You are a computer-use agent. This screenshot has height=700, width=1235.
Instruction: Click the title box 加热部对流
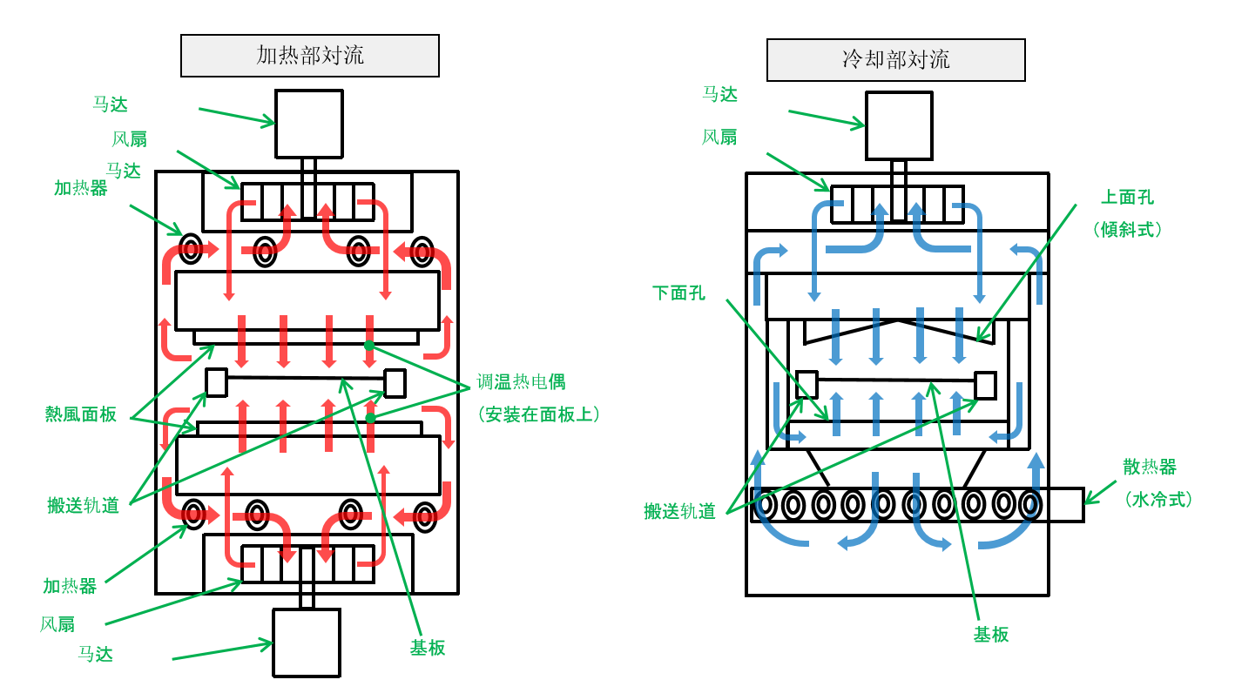click(x=309, y=56)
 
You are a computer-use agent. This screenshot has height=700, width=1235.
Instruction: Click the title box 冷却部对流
click(x=895, y=60)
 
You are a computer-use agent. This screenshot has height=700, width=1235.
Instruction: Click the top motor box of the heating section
click(x=308, y=124)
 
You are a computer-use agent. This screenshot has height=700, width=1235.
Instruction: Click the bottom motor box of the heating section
click(x=306, y=643)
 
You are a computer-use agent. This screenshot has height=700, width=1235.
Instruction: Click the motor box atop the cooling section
click(x=899, y=125)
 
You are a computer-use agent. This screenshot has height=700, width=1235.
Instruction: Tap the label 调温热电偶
click(x=521, y=381)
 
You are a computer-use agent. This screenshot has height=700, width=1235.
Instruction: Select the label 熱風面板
click(x=81, y=414)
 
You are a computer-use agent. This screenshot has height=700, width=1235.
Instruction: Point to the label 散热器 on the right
click(x=1149, y=468)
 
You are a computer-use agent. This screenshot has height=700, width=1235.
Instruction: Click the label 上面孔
click(x=1127, y=198)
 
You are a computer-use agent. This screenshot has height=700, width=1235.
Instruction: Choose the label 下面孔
click(x=678, y=293)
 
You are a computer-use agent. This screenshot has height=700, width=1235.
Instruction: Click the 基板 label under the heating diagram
click(x=428, y=648)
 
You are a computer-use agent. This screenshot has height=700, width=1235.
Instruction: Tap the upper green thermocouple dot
click(x=369, y=346)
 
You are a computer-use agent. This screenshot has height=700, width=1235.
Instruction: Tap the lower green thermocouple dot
click(x=370, y=419)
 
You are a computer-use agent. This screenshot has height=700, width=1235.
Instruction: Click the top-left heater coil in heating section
click(x=191, y=249)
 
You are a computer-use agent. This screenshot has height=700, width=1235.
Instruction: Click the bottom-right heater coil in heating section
click(x=425, y=516)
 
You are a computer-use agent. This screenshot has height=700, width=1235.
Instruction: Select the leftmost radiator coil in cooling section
click(x=766, y=504)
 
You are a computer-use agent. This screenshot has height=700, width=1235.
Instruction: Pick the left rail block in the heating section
click(x=216, y=381)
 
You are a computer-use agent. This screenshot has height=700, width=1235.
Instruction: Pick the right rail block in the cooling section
click(x=985, y=385)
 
